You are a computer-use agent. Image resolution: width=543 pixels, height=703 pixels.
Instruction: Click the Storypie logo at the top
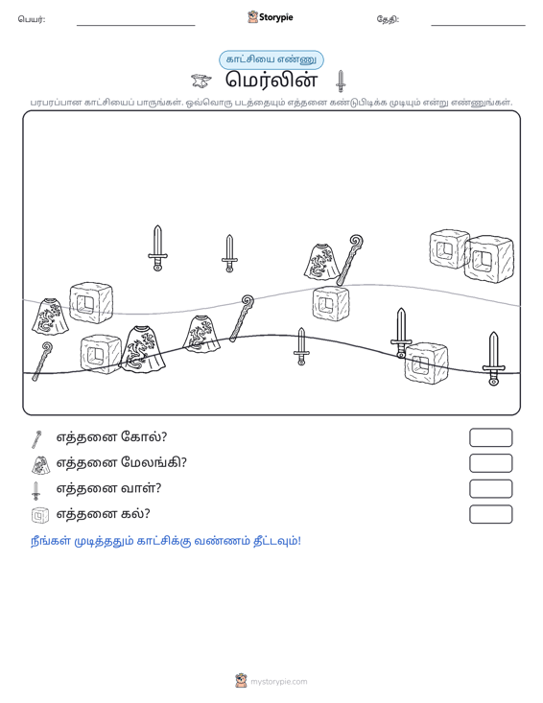271,17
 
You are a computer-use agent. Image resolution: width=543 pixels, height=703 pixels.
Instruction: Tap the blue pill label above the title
271,59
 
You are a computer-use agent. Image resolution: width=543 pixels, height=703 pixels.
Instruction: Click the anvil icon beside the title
201,82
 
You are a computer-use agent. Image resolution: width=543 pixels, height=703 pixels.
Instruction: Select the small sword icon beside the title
341,82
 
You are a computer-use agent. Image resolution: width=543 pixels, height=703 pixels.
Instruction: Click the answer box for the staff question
490,437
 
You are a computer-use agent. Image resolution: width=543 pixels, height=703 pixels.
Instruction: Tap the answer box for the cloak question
490,463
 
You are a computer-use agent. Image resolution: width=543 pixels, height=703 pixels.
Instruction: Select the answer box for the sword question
490,489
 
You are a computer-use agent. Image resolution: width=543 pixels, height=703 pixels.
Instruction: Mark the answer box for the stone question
490,514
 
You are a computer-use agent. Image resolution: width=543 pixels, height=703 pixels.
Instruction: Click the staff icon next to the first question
36,439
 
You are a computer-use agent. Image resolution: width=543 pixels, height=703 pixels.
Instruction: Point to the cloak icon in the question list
41,464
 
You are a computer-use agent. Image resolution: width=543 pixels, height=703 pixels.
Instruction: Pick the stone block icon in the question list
40,515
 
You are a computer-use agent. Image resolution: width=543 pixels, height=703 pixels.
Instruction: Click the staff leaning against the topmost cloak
350,260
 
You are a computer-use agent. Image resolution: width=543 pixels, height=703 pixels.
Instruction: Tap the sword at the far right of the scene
493,359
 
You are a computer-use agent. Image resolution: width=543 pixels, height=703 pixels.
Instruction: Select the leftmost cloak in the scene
50,316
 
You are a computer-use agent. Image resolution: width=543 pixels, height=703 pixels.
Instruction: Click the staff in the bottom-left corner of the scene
41,362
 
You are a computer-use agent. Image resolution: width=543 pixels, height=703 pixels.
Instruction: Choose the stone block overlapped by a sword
426,363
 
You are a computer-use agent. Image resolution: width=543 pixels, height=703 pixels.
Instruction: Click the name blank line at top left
136,25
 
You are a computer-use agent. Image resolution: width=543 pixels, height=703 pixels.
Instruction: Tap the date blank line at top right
478,25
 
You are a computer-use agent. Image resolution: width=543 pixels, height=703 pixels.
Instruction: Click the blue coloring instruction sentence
166,541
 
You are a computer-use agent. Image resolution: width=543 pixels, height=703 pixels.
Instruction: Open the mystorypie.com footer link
278,682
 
